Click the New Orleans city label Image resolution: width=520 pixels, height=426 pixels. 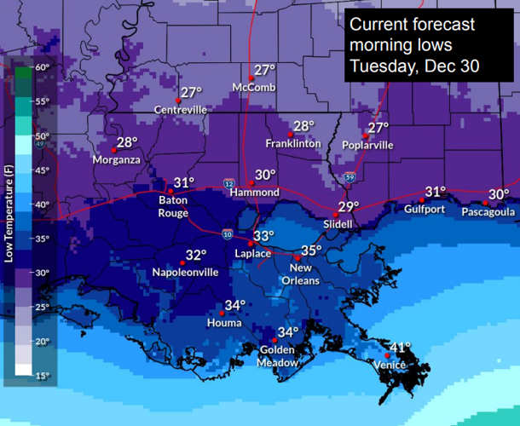[x=301, y=274]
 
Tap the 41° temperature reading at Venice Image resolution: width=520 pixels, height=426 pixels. [x=400, y=348]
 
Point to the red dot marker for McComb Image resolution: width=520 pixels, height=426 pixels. [x=251, y=78]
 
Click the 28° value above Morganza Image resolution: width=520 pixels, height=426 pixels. [x=127, y=143]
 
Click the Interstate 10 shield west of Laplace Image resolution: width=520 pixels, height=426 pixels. [x=226, y=234]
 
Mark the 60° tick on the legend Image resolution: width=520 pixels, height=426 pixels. [x=43, y=66]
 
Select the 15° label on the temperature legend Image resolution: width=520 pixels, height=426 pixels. [x=43, y=375]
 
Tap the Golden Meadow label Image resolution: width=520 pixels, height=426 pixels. [x=279, y=356]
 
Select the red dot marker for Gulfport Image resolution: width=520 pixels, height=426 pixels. [x=422, y=199]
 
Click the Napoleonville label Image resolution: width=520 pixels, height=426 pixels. [x=185, y=272]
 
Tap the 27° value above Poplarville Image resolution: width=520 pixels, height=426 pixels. [x=378, y=128]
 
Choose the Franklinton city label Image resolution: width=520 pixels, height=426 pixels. [x=293, y=143]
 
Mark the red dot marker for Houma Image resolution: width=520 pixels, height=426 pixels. [x=222, y=313]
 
